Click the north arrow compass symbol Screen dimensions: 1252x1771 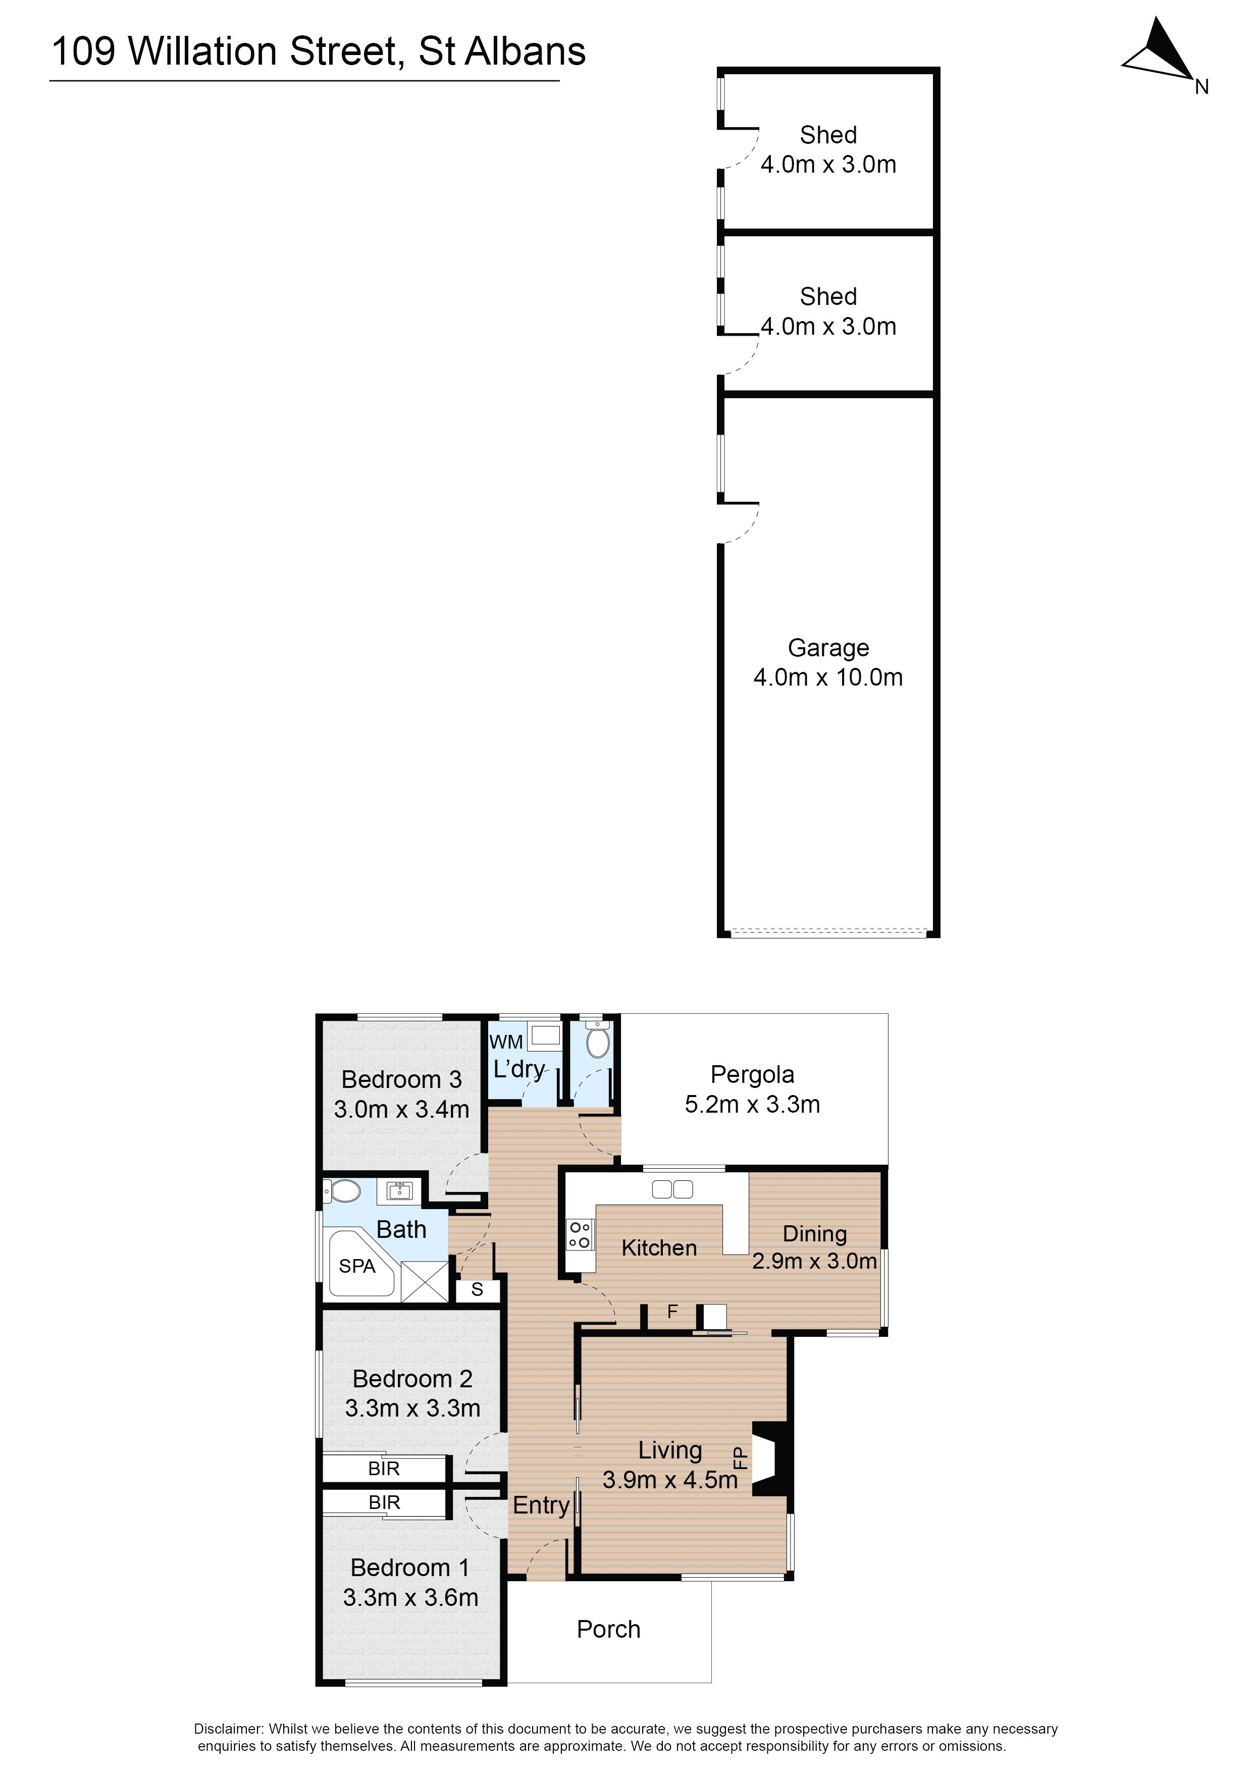[x=1161, y=51]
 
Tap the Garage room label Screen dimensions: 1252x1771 [x=828, y=648]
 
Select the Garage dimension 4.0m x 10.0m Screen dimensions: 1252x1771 [x=828, y=677]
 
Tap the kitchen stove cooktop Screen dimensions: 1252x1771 [x=580, y=1234]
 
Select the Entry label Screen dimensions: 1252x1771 [x=541, y=1505]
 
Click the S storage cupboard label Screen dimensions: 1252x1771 [x=477, y=1289]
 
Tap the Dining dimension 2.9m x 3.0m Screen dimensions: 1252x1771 [x=815, y=1261]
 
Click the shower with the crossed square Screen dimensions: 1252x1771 [x=424, y=1281]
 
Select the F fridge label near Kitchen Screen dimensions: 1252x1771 [x=672, y=1311]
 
